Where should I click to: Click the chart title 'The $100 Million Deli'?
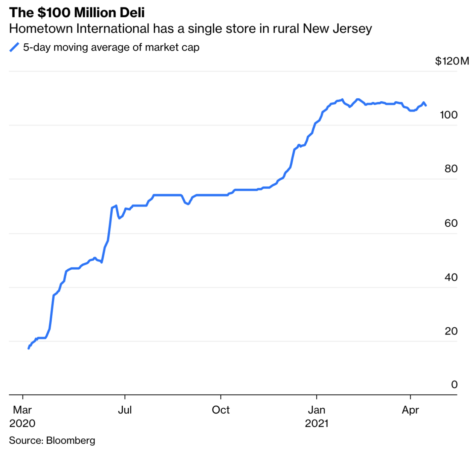click(77, 12)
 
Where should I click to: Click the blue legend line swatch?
click(14, 47)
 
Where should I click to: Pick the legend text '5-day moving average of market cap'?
click(111, 47)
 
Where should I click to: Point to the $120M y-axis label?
click(452, 61)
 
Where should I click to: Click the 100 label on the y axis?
click(449, 115)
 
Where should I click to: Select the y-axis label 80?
click(451, 169)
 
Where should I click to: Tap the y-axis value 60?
click(451, 223)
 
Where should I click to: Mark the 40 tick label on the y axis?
click(451, 277)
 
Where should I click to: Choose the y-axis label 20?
click(451, 331)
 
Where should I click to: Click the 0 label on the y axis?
click(454, 385)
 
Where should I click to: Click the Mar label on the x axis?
click(22, 410)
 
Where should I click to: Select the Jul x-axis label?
click(125, 410)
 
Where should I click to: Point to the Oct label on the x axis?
click(221, 410)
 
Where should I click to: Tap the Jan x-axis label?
click(316, 410)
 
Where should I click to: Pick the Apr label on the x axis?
click(410, 410)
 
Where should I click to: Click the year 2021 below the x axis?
click(316, 423)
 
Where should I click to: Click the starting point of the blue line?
click(29, 348)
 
